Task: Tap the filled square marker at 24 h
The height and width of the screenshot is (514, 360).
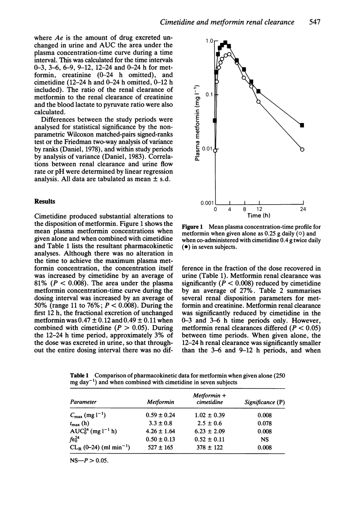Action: pyautogui.click(x=302, y=125)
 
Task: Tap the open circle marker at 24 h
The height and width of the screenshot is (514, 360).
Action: pyautogui.click(x=302, y=150)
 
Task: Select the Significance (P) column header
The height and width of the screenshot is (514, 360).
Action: pyautogui.click(x=262, y=402)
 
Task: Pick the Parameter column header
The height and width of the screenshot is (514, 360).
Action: pyautogui.click(x=84, y=402)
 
